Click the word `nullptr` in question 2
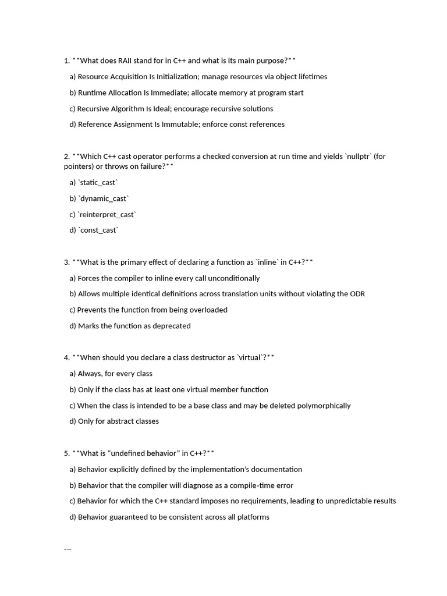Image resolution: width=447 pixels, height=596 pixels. [359, 156]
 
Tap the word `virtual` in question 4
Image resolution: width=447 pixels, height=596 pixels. [251, 357]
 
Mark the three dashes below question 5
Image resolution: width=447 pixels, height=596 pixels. [68, 548]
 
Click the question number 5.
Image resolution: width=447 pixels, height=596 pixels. [67, 453]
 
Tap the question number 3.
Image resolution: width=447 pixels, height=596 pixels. [67, 262]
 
